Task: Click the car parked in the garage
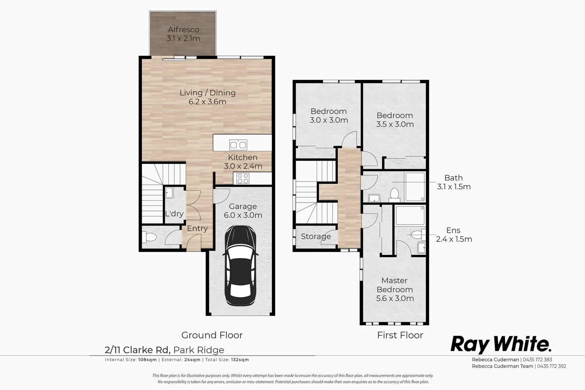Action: coord(241,265)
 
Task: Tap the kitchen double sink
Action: coord(238,145)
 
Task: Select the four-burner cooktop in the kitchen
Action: coord(243,178)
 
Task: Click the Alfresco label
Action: coord(183,30)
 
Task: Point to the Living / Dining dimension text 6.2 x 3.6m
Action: coord(207,102)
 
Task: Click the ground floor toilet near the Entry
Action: coord(150,237)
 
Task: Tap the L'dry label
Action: coord(174,214)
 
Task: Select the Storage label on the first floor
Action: coord(316,237)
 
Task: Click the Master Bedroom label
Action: coord(394,285)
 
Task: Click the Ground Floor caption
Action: coord(212,335)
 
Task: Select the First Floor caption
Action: coord(400,335)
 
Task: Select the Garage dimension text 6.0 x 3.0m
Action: coord(243,215)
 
